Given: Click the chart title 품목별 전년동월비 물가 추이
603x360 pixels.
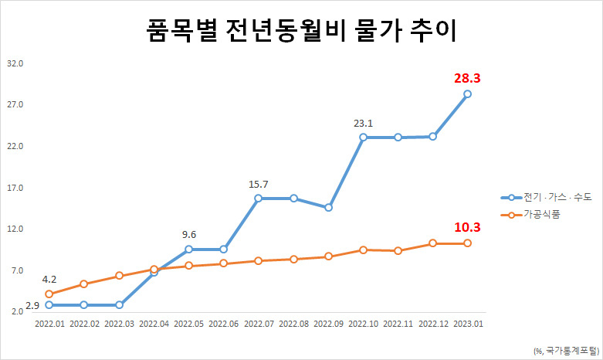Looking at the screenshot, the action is coord(301,30).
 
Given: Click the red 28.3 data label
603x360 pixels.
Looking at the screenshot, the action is coord(467,79).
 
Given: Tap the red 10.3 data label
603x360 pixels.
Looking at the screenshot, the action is coord(467,227).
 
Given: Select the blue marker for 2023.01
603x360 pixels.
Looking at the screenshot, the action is coord(467,93).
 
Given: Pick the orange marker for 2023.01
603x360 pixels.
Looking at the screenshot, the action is coord(467,243).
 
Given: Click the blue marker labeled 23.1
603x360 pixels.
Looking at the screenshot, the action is coord(363,137).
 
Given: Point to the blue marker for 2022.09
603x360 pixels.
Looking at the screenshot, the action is coord(328,208).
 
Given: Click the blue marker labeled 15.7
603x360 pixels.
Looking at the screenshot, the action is coord(258,198).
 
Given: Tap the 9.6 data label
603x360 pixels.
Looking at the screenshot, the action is coord(189,235).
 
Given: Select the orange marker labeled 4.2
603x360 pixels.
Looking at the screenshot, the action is coord(49,294).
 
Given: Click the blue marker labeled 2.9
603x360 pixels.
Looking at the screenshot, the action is coord(49,305).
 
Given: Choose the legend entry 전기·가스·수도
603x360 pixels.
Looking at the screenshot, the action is coord(546,197).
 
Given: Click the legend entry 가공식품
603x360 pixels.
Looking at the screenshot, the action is coord(530,215).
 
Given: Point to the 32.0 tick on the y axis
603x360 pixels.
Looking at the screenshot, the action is coord(15,63).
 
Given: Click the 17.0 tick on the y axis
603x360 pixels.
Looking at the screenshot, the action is coord(15,188).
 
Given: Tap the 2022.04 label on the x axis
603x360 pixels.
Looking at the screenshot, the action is coord(154,324).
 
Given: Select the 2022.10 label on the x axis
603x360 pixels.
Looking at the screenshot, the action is coord(364,324).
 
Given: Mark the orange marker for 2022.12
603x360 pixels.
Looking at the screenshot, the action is coord(432,243).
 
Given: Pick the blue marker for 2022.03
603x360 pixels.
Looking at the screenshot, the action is coord(119,305).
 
